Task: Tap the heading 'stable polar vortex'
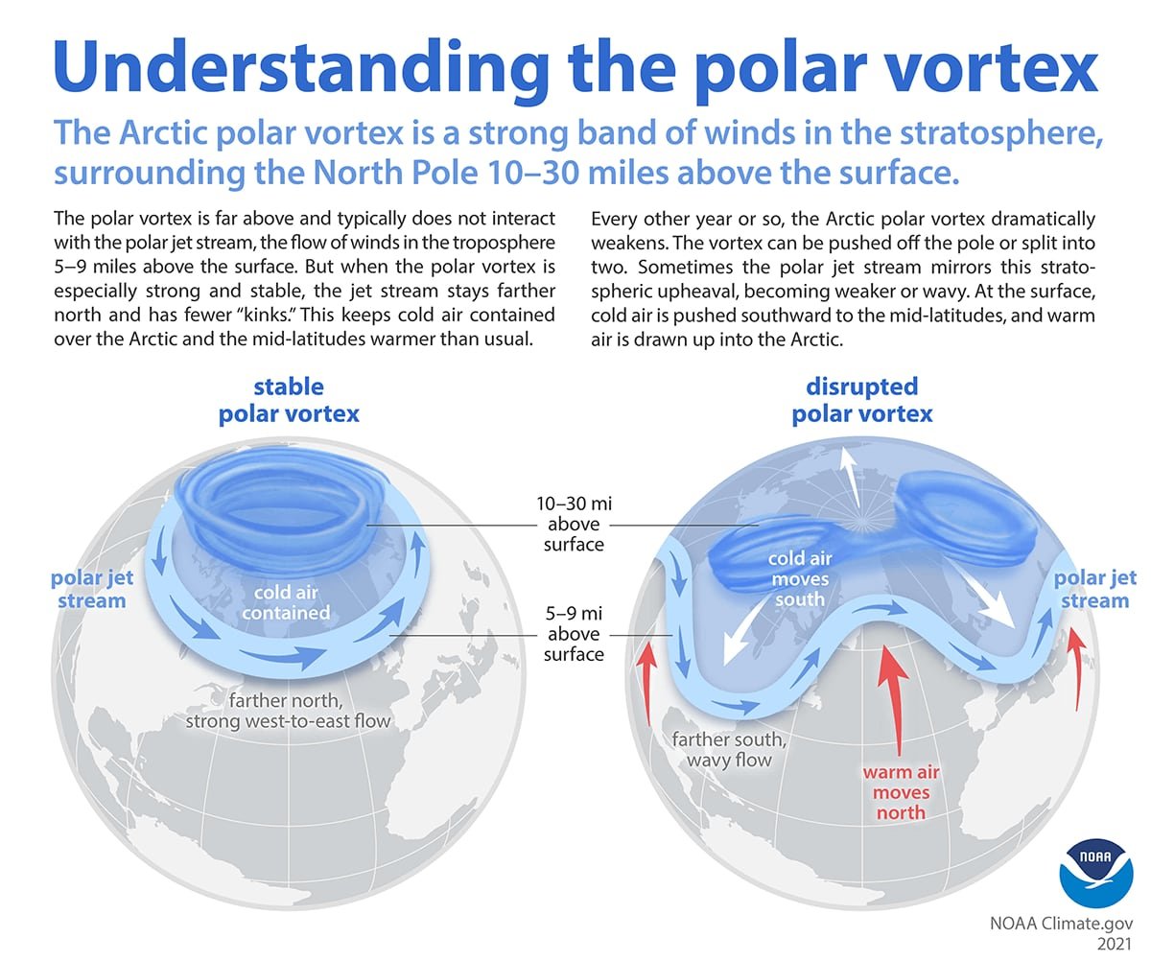(288, 401)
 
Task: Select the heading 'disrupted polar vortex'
(861, 401)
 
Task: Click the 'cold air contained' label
(285, 602)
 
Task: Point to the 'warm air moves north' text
(899, 792)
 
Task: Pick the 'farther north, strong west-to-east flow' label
(288, 708)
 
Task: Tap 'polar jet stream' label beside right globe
(1094, 589)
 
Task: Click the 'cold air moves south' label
(800, 578)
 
